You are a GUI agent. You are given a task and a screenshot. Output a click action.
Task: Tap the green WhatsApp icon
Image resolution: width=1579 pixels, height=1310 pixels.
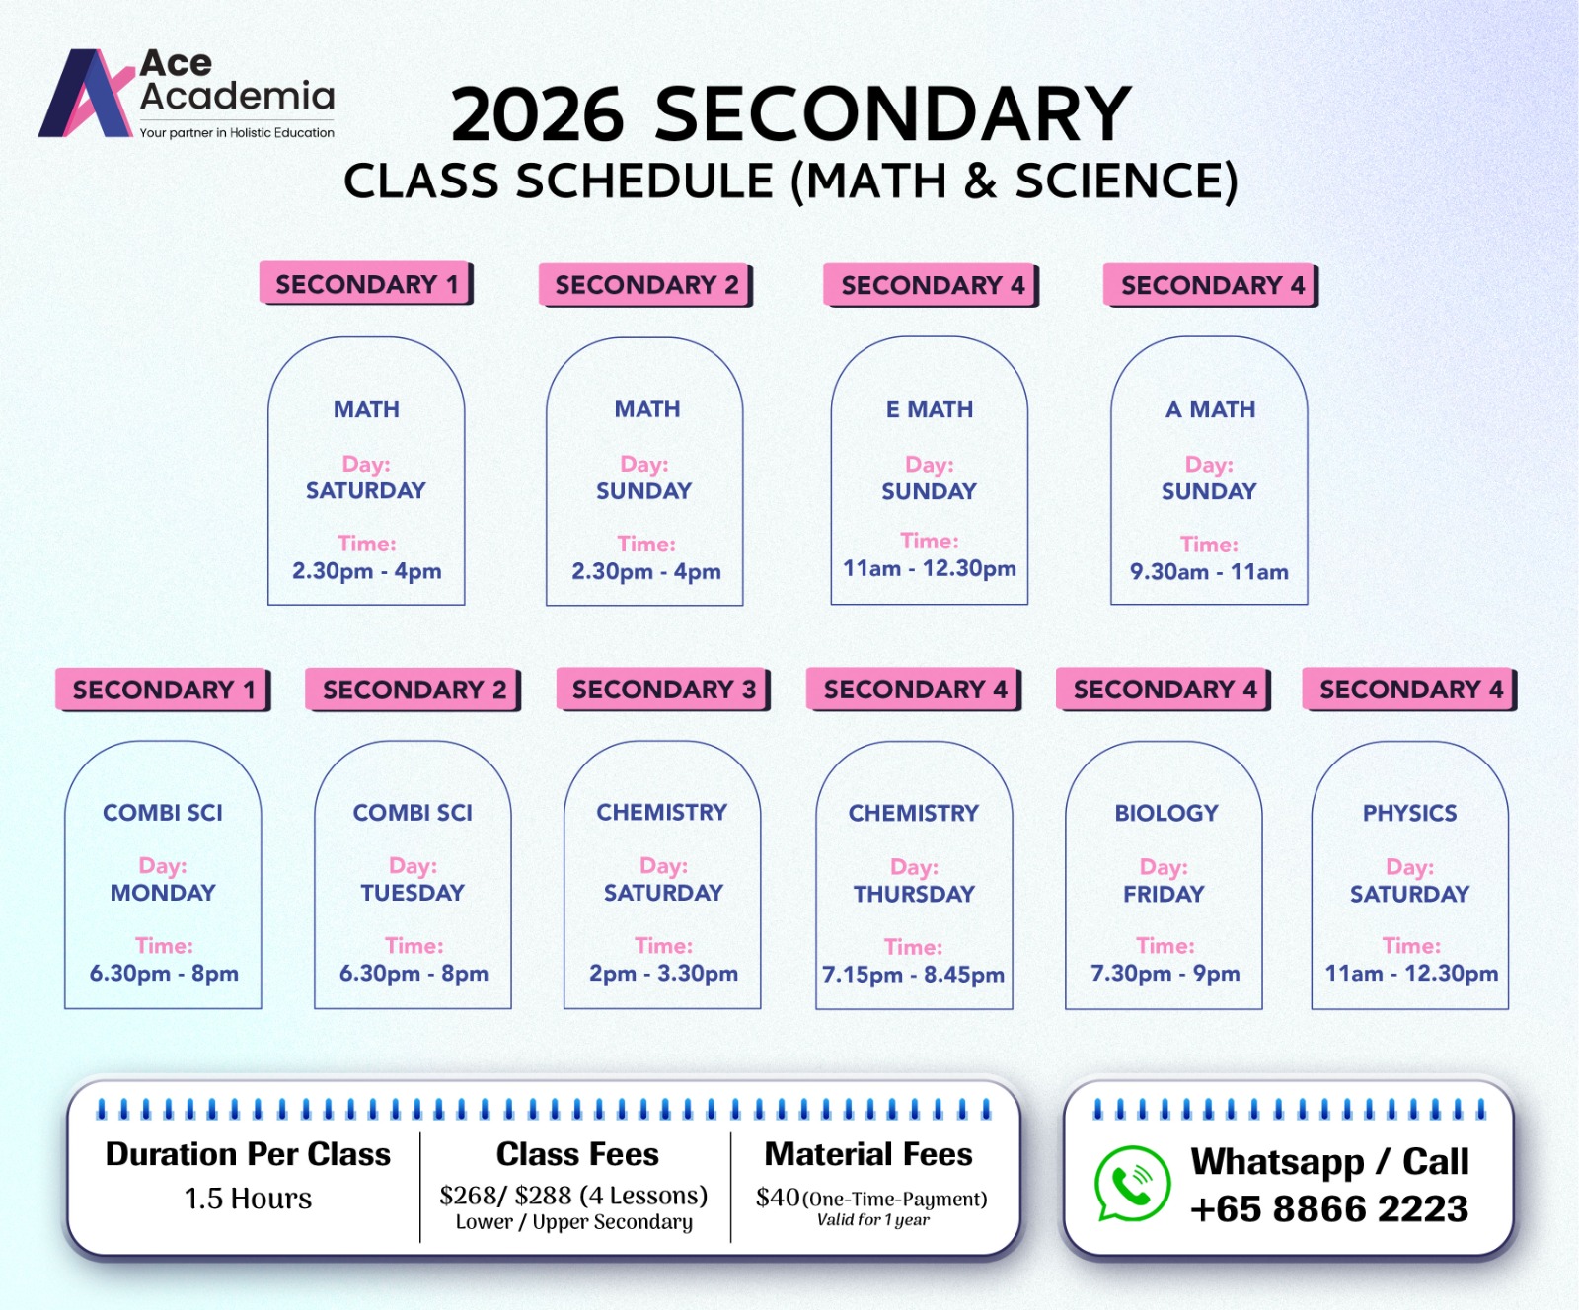coord(1132,1183)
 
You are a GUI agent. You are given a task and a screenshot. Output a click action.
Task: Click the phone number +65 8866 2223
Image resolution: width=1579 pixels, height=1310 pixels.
coord(1329,1208)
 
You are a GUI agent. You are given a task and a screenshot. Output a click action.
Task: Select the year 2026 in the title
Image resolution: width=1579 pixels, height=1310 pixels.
coord(537,114)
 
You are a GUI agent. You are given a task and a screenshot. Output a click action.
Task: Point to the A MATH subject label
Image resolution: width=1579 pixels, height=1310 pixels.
coord(1210,409)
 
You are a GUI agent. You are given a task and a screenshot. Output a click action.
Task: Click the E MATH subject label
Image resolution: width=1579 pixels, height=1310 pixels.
coord(929,409)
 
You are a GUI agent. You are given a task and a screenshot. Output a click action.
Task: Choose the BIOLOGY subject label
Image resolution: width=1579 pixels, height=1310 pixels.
coord(1165,813)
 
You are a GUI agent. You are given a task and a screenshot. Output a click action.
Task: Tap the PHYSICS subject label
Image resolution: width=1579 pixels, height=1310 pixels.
coord(1409,813)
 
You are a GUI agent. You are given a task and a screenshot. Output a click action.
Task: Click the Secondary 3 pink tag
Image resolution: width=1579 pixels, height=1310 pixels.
coord(663,690)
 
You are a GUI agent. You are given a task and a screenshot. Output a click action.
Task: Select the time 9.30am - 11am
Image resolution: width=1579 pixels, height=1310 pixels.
coord(1209,572)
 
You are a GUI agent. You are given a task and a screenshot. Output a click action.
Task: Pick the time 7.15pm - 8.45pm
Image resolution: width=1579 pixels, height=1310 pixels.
coord(913,975)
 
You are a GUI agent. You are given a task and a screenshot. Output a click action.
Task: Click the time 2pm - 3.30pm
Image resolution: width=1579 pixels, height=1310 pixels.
coord(663,974)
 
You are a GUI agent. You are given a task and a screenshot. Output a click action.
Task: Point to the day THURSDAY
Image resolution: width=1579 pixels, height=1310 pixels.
coord(914,894)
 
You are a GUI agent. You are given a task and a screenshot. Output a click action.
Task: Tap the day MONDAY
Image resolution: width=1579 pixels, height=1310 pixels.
coord(163,893)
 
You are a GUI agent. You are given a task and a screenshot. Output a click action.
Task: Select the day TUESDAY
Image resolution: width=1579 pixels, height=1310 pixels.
coord(413,893)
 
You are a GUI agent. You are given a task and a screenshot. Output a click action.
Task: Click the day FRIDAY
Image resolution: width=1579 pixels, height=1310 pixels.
coord(1164,894)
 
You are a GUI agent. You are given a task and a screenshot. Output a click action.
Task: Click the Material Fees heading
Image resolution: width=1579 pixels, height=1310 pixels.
coord(868,1154)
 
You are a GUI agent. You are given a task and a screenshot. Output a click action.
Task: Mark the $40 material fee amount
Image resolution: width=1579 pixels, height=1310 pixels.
coord(778,1198)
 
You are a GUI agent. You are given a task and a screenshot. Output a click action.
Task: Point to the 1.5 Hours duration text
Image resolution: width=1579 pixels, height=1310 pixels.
coord(248,1199)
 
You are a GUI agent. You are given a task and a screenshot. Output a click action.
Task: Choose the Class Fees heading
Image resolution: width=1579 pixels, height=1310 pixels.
coord(577,1154)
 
